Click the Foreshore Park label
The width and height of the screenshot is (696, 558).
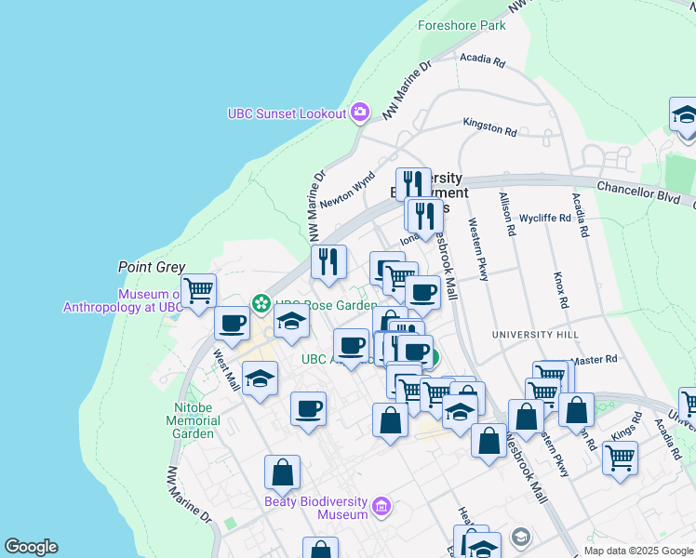(462, 25)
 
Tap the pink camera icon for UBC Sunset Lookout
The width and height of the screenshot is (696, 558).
(360, 113)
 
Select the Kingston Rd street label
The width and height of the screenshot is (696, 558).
(489, 126)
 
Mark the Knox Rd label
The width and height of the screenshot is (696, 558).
(559, 290)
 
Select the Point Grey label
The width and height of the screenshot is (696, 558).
(152, 267)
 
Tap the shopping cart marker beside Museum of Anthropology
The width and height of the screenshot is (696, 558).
(198, 290)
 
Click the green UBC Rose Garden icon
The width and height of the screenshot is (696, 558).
(261, 303)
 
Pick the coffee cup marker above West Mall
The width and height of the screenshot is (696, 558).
(232, 324)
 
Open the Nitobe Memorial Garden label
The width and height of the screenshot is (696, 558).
(194, 420)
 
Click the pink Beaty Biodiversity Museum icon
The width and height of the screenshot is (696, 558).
(381, 507)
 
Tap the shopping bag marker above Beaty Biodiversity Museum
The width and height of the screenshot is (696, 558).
(282, 472)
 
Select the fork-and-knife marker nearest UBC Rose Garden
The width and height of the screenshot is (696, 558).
(328, 261)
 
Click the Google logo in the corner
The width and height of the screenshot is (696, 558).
(31, 547)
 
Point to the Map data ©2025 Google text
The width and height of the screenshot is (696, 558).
(637, 551)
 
